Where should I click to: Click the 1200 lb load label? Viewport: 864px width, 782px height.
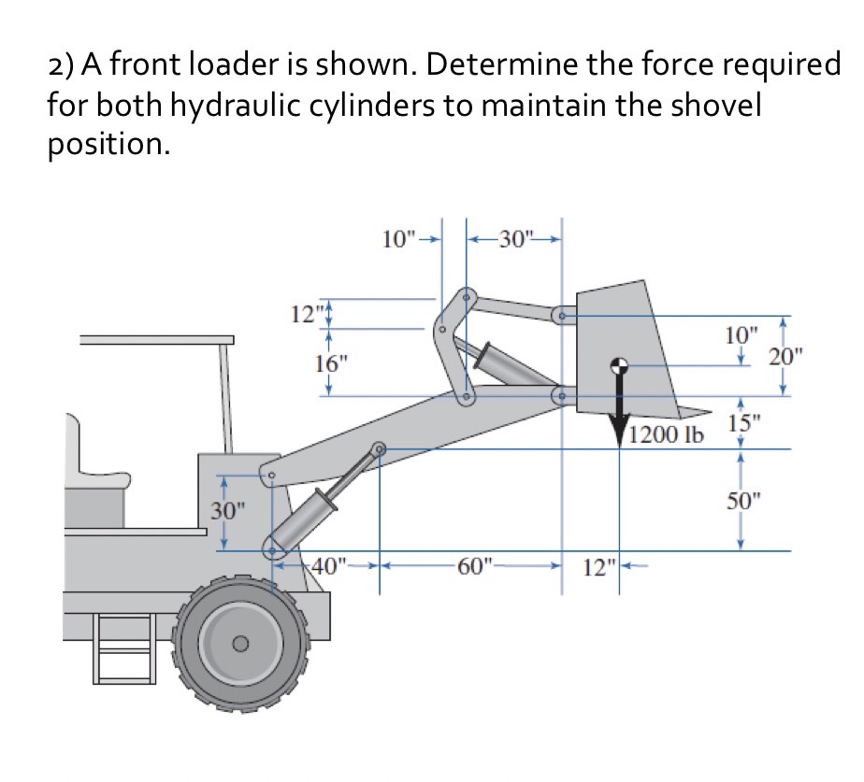point(666,435)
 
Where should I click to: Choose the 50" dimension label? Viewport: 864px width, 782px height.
point(745,499)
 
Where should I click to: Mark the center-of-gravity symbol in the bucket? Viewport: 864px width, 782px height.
point(618,366)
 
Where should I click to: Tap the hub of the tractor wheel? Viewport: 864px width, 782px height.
point(240,643)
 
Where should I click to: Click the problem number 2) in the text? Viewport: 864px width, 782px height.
point(63,65)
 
